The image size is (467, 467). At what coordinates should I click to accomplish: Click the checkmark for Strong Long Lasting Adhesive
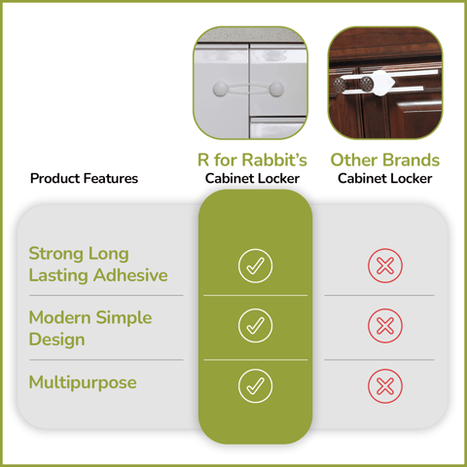(255, 265)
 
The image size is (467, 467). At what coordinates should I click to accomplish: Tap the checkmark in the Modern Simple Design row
(255, 326)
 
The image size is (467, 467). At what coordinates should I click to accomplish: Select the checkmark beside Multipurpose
(255, 385)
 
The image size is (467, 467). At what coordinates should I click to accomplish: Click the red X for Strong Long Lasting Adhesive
(384, 265)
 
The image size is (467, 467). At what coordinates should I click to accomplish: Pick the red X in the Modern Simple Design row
(384, 326)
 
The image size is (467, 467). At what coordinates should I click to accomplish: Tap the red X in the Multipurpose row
(384, 385)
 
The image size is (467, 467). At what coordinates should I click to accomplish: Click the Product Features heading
(84, 178)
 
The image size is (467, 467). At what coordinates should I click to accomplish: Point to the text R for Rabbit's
(252, 160)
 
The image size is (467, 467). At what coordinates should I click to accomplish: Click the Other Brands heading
(384, 160)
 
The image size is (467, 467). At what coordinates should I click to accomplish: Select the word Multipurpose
(83, 382)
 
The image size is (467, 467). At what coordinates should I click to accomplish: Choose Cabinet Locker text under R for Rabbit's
(252, 179)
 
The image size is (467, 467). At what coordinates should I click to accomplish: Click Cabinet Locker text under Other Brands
(384, 179)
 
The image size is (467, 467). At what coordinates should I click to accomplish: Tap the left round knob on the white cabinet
(219, 90)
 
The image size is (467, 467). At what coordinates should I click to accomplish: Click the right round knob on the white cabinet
(276, 90)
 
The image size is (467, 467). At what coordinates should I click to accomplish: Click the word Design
(56, 340)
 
